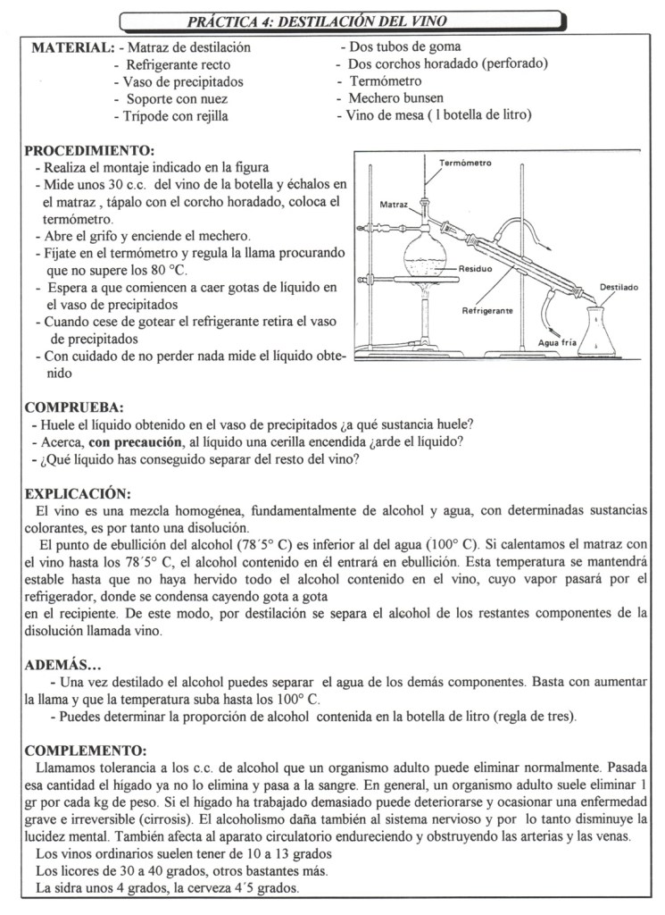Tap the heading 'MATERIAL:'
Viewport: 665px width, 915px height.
click(72, 47)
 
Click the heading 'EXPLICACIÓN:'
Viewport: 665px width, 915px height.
click(78, 493)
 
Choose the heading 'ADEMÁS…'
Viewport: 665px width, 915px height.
click(62, 665)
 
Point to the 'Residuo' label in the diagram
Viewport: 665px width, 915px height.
click(478, 268)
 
